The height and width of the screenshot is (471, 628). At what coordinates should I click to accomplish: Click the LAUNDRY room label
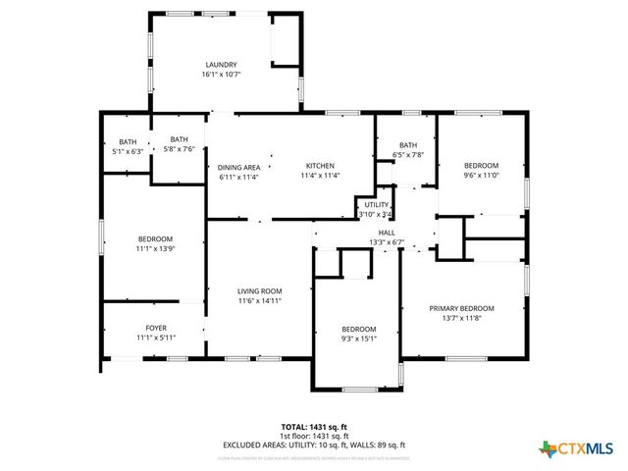click(x=221, y=65)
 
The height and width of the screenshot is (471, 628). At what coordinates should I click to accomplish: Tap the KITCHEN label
click(x=320, y=166)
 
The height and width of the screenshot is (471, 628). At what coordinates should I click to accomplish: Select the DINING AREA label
click(x=238, y=167)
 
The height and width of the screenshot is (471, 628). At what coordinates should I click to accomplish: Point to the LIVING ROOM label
click(x=260, y=291)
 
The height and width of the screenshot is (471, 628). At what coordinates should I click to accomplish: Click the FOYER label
click(x=156, y=328)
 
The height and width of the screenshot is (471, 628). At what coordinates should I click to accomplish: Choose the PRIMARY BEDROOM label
click(x=461, y=308)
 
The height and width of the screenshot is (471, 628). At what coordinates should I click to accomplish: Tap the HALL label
click(x=386, y=233)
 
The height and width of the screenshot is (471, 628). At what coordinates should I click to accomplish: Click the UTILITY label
click(x=376, y=205)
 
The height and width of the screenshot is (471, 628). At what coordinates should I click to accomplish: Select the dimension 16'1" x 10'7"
click(x=221, y=75)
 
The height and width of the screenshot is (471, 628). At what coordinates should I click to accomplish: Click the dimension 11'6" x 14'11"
click(x=260, y=301)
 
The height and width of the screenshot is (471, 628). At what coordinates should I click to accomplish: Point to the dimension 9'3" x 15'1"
click(x=359, y=339)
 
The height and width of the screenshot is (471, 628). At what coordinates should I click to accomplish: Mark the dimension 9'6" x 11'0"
click(x=481, y=176)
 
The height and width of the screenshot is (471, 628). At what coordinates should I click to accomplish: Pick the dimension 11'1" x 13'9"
click(x=155, y=249)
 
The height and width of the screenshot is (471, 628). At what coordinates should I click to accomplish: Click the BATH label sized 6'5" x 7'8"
click(x=408, y=145)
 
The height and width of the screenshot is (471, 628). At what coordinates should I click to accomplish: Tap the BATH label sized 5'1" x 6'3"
click(x=128, y=142)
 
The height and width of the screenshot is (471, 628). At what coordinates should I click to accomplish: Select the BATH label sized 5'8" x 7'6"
click(x=179, y=139)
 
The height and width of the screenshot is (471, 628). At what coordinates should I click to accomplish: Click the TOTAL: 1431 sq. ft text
click(x=314, y=427)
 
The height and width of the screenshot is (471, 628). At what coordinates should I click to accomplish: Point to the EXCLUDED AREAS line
click(x=314, y=445)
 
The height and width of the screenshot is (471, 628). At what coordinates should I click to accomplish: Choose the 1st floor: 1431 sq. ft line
click(x=314, y=436)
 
